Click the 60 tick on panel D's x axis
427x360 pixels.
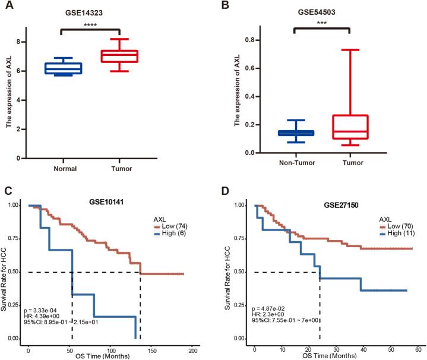click(417, 346)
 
